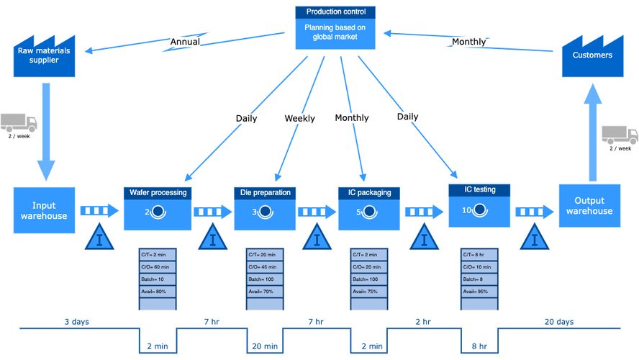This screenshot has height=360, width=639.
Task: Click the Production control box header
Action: (x=335, y=12)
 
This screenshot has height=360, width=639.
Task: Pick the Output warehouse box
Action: (x=589, y=206)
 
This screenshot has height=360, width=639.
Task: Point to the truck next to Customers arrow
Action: (x=619, y=135)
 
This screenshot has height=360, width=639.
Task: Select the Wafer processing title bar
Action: (x=158, y=192)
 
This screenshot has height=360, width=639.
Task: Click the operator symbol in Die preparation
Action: (x=265, y=212)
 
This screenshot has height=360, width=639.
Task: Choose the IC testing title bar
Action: (x=479, y=190)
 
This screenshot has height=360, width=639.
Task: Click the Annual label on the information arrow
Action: (x=185, y=42)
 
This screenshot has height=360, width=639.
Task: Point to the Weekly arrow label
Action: (x=299, y=118)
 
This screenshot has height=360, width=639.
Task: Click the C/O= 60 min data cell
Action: (x=156, y=267)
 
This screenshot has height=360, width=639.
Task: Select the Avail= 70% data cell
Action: (x=265, y=292)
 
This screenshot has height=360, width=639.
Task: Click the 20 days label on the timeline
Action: (x=559, y=321)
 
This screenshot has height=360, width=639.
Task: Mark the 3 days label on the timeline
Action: (x=76, y=321)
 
